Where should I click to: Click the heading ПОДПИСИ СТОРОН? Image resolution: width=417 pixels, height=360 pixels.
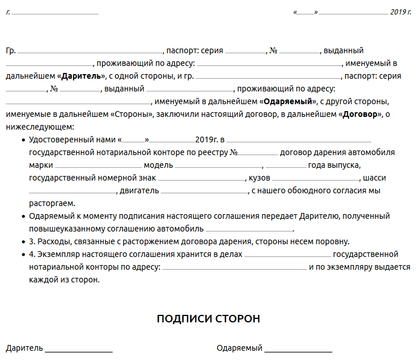pos(209,319)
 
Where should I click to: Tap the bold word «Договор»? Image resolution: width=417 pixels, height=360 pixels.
pos(360,114)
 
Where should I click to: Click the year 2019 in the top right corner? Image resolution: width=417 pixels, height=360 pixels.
pos(400,12)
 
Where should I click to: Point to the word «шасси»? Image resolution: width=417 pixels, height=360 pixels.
pos(375,178)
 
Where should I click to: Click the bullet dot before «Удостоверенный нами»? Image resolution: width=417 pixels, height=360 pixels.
pos(23,140)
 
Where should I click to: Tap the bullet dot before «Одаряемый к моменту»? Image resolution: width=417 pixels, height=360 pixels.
pos(23,216)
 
